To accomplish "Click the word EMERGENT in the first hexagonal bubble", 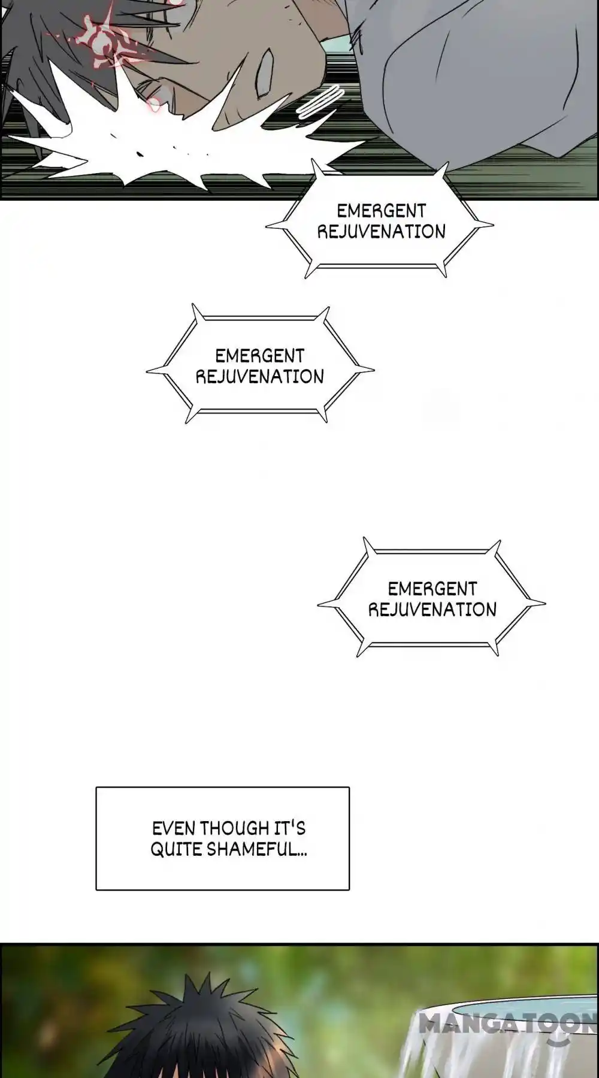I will click(x=381, y=211).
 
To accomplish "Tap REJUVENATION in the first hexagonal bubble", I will click(x=381, y=232).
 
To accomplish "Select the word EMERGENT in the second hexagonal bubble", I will click(x=259, y=356).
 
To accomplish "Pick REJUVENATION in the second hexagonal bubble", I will click(x=259, y=377).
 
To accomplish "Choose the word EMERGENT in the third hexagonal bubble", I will click(x=432, y=589).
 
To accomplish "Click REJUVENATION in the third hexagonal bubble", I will click(x=432, y=610).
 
